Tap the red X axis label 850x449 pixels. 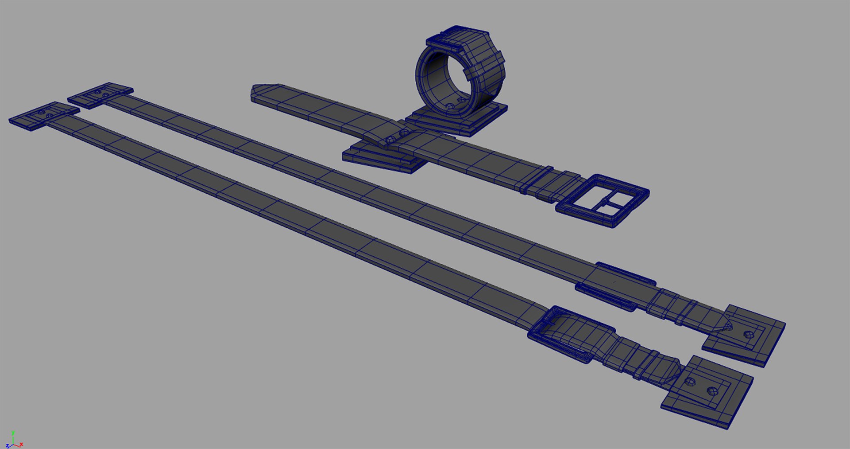click(21, 444)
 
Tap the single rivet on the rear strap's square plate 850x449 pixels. click(748, 334)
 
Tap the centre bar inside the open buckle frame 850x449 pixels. click(605, 202)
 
